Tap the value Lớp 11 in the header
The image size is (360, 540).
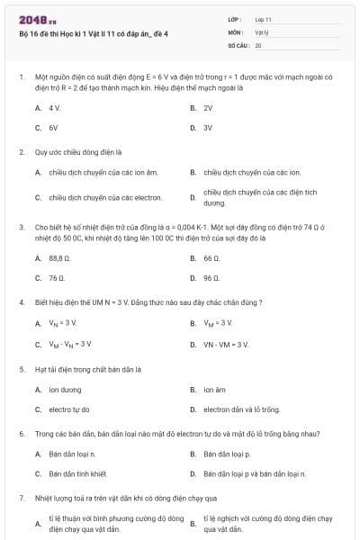pos(264,19)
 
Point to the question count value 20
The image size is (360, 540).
pos(258,44)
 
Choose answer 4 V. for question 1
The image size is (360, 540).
pos(54,107)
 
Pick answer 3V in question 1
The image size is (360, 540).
pos(208,128)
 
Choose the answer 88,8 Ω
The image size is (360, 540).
pos(60,257)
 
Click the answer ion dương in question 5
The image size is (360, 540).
pos(65,390)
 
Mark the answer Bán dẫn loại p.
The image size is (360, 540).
pos(227,454)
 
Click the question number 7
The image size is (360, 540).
pos(21,497)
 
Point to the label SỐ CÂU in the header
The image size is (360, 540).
pos(238,44)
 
